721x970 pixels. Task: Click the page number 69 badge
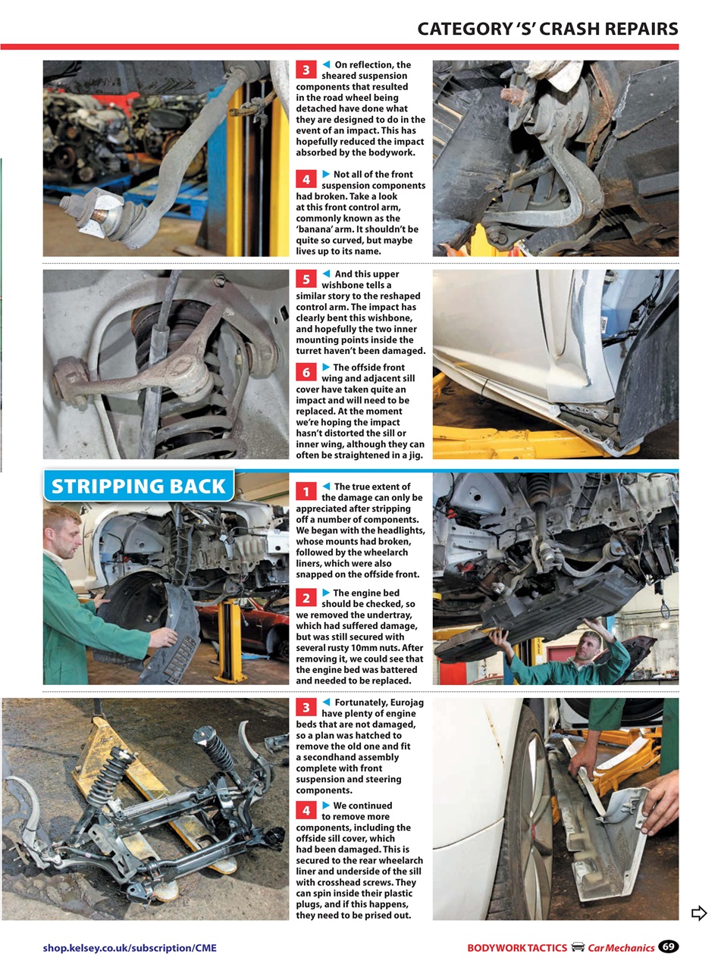click(668, 947)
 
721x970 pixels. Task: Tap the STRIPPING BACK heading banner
click(138, 486)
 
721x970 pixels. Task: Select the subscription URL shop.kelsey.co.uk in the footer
click(129, 947)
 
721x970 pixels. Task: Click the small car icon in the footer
click(578, 947)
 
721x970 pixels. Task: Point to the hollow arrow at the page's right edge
click(699, 913)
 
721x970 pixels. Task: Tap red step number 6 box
click(306, 373)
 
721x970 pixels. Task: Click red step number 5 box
click(306, 280)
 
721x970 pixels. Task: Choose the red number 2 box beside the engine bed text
click(306, 599)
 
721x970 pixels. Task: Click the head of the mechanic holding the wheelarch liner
click(63, 531)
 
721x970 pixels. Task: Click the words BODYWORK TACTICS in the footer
click(517, 947)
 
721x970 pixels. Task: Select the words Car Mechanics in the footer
click(621, 947)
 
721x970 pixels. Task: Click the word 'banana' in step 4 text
click(318, 229)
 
